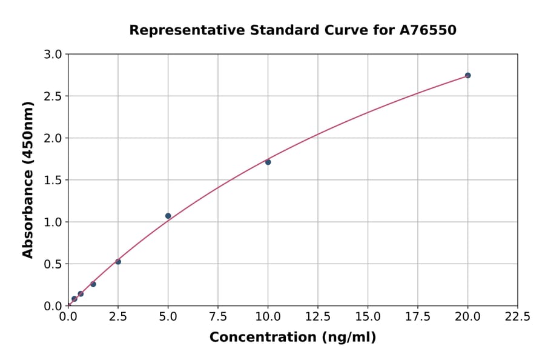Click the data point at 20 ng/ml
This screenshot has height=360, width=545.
click(467, 76)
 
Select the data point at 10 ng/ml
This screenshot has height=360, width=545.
click(268, 162)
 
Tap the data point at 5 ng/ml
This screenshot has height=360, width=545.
click(168, 216)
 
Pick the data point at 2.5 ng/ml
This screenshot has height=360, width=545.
click(118, 262)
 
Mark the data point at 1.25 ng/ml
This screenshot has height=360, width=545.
click(93, 284)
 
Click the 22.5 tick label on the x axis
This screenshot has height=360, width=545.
click(517, 316)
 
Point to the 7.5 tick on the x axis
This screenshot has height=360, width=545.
click(218, 316)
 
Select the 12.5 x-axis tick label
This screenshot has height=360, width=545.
click(318, 316)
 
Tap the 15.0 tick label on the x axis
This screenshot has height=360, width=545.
click(368, 316)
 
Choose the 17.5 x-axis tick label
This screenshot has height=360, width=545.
click(418, 316)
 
